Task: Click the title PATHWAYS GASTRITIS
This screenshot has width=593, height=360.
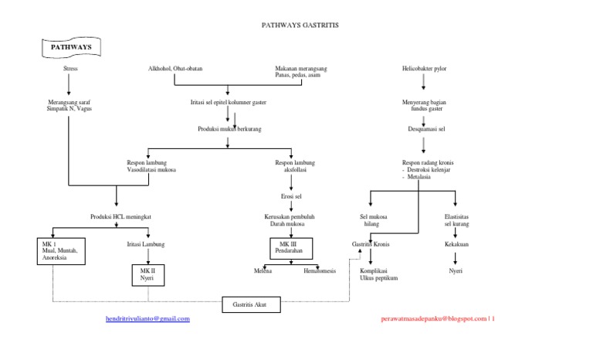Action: point(300,25)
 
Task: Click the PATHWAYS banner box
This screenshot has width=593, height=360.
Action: point(70,48)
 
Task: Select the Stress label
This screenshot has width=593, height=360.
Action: point(69,69)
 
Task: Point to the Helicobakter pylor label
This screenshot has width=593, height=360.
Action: point(424,69)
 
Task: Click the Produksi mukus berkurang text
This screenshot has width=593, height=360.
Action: point(229,129)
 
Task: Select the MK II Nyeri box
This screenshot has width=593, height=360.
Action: point(147,275)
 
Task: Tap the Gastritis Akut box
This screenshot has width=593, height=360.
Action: point(251,304)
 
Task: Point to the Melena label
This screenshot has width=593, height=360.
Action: point(263,271)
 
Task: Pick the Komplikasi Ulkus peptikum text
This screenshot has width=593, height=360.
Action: point(378,275)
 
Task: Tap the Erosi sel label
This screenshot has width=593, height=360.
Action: point(292,197)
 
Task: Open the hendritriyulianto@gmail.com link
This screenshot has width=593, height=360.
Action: point(147,318)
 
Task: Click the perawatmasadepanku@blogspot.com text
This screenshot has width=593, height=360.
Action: point(433,318)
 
